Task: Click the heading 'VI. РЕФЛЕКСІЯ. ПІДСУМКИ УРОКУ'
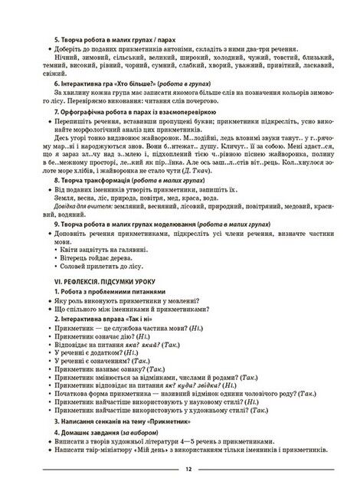point(106,281)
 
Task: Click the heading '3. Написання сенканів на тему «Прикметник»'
point(130,421)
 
